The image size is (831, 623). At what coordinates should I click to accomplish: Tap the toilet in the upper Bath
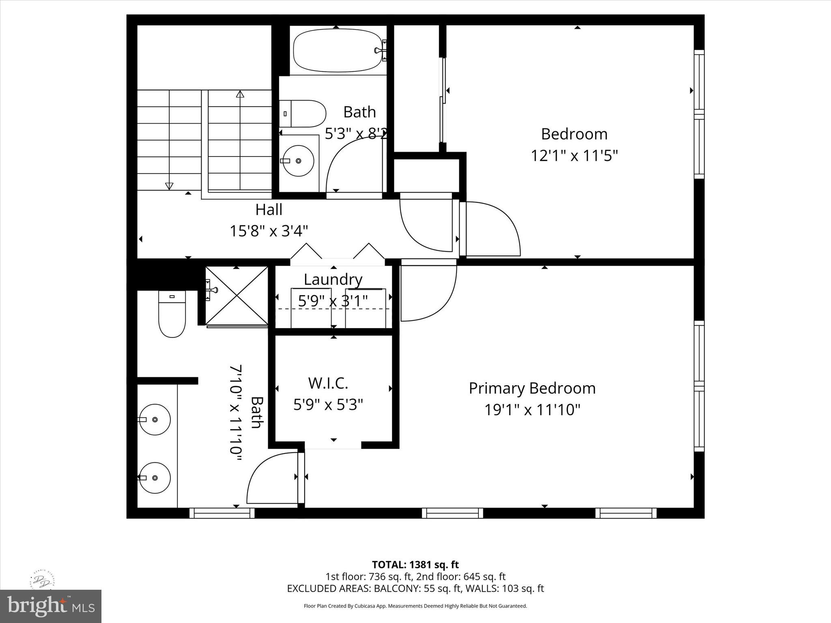(304, 114)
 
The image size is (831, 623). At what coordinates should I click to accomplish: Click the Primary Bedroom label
(532, 389)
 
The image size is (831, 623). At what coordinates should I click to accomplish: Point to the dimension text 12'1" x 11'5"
(574, 155)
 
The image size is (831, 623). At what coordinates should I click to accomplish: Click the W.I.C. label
(328, 383)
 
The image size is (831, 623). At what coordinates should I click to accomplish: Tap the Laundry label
(333, 279)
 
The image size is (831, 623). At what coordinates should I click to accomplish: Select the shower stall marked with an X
(237, 296)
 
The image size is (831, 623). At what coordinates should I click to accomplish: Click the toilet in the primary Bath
(172, 314)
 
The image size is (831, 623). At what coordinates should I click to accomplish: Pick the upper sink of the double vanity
(155, 419)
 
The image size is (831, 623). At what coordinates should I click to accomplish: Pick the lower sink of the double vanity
(155, 478)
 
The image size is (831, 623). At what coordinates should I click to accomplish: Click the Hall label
(269, 210)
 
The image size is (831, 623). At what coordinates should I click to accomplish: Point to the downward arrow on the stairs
(169, 186)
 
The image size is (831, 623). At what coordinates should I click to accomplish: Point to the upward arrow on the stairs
(240, 95)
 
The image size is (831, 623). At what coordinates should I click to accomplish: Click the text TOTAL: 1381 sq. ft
(415, 565)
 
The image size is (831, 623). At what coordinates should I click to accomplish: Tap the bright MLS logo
(51, 606)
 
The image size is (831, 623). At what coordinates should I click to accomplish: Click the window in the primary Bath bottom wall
(222, 513)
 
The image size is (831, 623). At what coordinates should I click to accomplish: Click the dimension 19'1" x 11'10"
(532, 410)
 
